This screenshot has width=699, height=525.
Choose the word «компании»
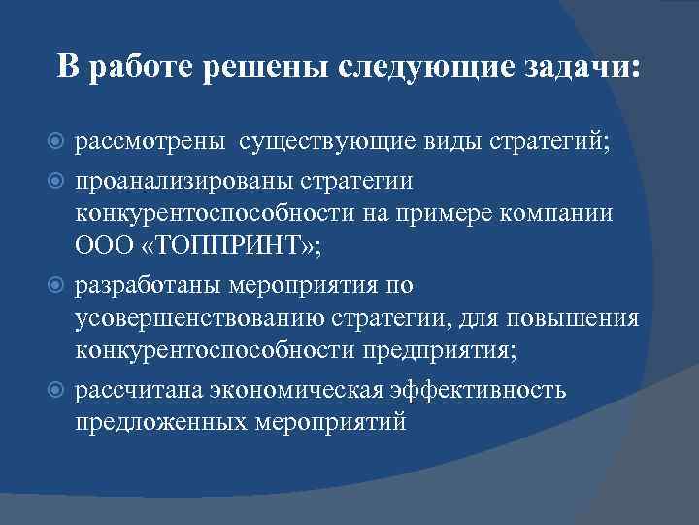[558, 214]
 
